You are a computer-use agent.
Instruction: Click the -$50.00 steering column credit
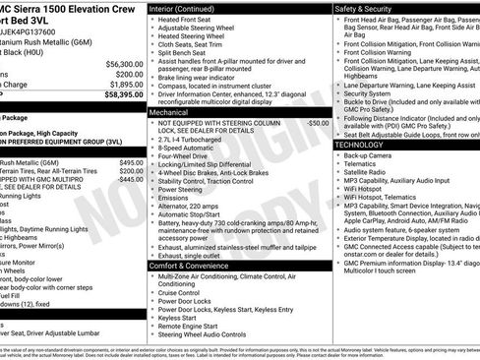(x=318, y=124)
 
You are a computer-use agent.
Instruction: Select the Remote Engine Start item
(x=193, y=325)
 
